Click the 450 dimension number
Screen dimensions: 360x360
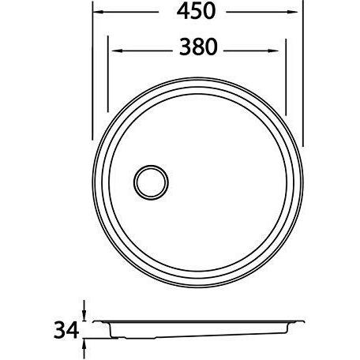196,11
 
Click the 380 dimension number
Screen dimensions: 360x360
198,47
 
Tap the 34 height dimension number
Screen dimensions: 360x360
66,330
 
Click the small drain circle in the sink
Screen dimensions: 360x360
151,182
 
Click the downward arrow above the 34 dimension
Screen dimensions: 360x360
84,311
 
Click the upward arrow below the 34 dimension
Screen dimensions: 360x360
84,349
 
